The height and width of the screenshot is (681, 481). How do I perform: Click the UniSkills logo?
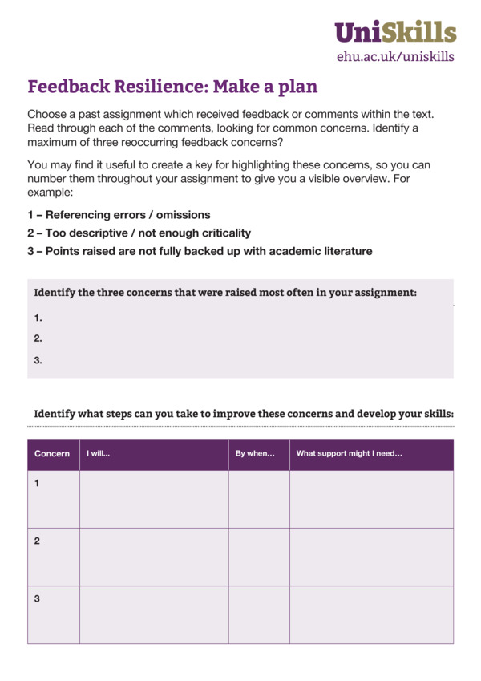pyautogui.click(x=395, y=31)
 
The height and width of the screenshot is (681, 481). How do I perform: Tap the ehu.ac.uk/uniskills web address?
pyautogui.click(x=395, y=56)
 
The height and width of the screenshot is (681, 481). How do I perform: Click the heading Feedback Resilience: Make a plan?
pyautogui.click(x=172, y=87)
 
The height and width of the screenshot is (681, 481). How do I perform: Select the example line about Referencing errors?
pyautogui.click(x=119, y=215)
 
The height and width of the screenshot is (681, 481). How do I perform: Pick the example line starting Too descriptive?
pyautogui.click(x=139, y=233)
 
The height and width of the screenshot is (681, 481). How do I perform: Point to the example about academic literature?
pyautogui.click(x=200, y=251)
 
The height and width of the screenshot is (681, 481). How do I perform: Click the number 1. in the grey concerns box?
pyautogui.click(x=38, y=318)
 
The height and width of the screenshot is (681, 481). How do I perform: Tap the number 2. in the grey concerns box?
pyautogui.click(x=38, y=338)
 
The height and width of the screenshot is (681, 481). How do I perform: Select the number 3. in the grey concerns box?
pyautogui.click(x=38, y=360)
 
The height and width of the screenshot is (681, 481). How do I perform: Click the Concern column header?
pyautogui.click(x=52, y=454)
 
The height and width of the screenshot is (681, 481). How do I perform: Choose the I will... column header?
pyautogui.click(x=99, y=454)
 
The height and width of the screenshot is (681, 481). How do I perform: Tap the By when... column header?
pyautogui.click(x=255, y=454)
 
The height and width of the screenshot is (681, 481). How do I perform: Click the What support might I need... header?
pyautogui.click(x=350, y=454)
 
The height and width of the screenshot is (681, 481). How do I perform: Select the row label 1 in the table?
pyautogui.click(x=37, y=483)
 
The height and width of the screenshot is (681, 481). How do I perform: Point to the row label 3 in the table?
pyautogui.click(x=37, y=598)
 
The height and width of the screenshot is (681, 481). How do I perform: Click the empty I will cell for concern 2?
pyautogui.click(x=154, y=557)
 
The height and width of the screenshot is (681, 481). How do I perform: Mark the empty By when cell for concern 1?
pyautogui.click(x=259, y=499)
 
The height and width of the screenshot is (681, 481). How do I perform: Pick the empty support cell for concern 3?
pyautogui.click(x=371, y=614)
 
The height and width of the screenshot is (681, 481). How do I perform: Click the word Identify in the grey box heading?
pyautogui.click(x=54, y=292)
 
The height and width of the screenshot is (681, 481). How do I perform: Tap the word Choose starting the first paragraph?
pyautogui.click(x=47, y=115)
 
